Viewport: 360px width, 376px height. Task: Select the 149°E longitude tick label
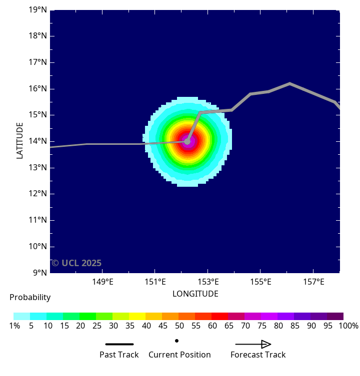[102, 282]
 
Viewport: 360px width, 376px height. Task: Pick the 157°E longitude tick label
[313, 282]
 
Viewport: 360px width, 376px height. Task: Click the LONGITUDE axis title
[195, 294]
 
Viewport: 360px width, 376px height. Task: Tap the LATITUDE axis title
[20, 141]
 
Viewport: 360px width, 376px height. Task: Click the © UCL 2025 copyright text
[76, 263]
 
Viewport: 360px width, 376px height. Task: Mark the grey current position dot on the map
[187, 141]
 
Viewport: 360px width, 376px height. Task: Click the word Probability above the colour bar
[30, 298]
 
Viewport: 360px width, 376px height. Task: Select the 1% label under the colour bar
[14, 326]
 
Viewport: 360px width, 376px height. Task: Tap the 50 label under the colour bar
[178, 326]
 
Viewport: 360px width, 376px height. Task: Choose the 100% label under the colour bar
[348, 326]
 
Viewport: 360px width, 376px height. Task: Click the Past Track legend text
[119, 355]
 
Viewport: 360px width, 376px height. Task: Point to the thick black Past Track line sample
[119, 344]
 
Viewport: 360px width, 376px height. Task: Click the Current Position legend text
[179, 355]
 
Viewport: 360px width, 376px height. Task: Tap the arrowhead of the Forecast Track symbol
[266, 344]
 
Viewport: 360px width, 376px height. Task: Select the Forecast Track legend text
[258, 355]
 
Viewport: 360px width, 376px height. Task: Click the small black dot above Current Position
[177, 341]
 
